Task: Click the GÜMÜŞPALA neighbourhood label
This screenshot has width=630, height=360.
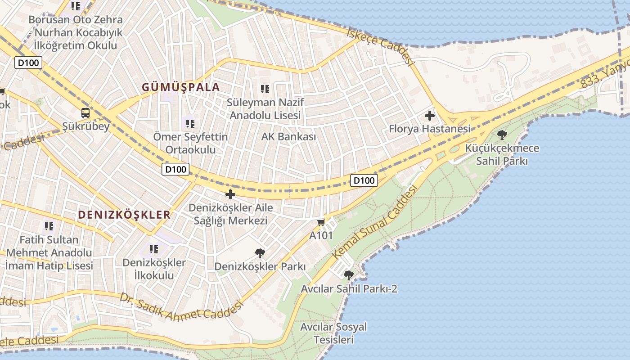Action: point(181,87)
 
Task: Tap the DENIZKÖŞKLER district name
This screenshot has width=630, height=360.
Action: point(124,215)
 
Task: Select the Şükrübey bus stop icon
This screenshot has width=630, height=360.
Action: point(85,113)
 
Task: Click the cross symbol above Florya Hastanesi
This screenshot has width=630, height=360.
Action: point(430,116)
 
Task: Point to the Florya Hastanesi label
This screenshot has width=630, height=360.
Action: point(429,129)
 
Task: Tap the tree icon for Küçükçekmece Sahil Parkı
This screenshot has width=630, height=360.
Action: point(502,135)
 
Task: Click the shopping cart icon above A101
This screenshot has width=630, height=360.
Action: point(321,222)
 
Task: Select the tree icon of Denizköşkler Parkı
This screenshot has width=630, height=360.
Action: point(260,253)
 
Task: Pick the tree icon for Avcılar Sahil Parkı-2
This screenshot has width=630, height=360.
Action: point(348,275)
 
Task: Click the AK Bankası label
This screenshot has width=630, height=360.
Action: point(288,136)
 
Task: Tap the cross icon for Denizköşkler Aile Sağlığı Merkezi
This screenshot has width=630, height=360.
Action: point(230,194)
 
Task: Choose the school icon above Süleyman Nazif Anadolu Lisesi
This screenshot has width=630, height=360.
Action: point(265,89)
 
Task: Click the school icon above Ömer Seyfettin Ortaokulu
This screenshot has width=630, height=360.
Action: point(190,123)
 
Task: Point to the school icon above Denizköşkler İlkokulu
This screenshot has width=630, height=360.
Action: point(154,249)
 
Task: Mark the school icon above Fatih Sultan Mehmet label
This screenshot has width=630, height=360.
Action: point(49,226)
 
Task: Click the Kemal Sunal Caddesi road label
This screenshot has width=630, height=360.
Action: point(374,224)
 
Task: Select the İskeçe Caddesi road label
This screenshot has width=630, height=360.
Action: point(381,46)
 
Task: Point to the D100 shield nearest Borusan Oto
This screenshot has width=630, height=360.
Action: point(28,63)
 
